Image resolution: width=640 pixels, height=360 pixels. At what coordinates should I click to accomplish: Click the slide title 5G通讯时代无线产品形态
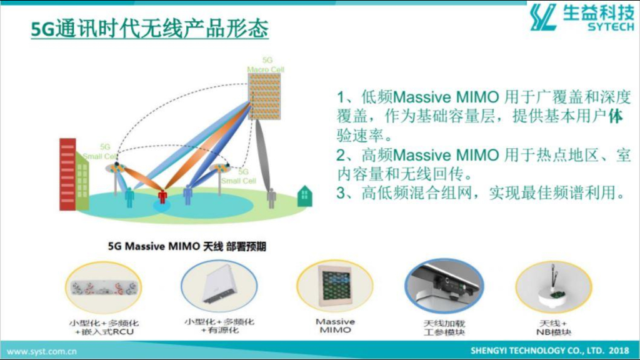(149, 29)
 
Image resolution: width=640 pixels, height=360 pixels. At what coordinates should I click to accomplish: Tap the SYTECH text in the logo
(610, 27)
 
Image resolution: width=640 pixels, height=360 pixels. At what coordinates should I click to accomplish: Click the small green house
(305, 196)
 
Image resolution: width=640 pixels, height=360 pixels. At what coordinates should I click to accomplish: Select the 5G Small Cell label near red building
(100, 152)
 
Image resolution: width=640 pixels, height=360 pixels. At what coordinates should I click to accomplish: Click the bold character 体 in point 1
(615, 116)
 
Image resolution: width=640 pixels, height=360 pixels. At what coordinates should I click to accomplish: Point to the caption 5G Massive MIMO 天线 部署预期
(187, 246)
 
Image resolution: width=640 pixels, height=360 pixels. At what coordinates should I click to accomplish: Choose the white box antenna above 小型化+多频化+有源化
(218, 287)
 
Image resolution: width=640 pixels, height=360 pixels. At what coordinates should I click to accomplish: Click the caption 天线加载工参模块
(444, 327)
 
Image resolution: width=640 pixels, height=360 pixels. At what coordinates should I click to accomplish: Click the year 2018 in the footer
(619, 351)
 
